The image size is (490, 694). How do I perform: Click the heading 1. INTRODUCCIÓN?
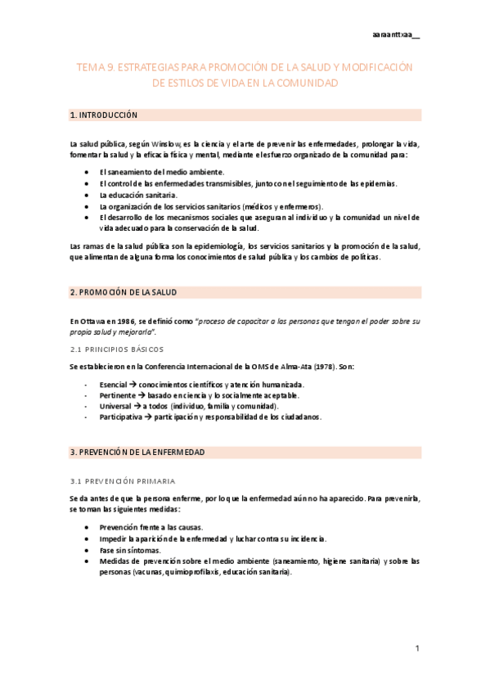point(104,115)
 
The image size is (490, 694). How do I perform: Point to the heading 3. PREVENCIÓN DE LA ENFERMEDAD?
point(137,452)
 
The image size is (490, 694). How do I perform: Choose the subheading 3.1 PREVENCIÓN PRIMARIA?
point(123,480)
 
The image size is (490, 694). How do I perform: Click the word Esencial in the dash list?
point(113,384)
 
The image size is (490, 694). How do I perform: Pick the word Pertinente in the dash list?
point(116,395)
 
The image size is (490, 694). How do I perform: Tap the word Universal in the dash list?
point(114,406)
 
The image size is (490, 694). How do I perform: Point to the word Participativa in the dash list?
point(119,417)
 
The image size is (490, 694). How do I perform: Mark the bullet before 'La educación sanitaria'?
point(88,196)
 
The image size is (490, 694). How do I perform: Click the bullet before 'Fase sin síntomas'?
point(88,550)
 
